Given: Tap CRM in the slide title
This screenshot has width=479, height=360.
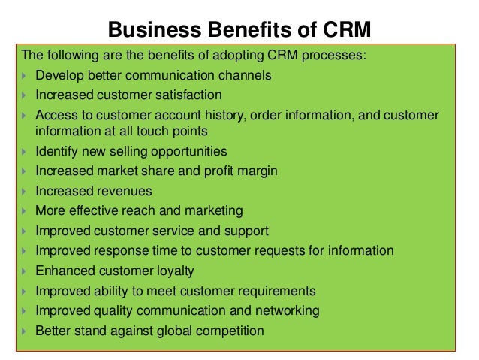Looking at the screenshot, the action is tap(346, 29).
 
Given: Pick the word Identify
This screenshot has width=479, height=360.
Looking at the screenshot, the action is tap(56, 151).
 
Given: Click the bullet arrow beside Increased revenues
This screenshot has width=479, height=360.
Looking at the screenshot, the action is tap(26, 191).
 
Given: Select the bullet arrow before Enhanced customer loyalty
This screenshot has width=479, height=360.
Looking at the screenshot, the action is tap(26, 271).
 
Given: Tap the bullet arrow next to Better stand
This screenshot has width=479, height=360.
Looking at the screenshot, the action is tap(26, 330).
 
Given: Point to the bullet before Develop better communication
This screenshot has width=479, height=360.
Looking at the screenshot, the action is tap(26, 76).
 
